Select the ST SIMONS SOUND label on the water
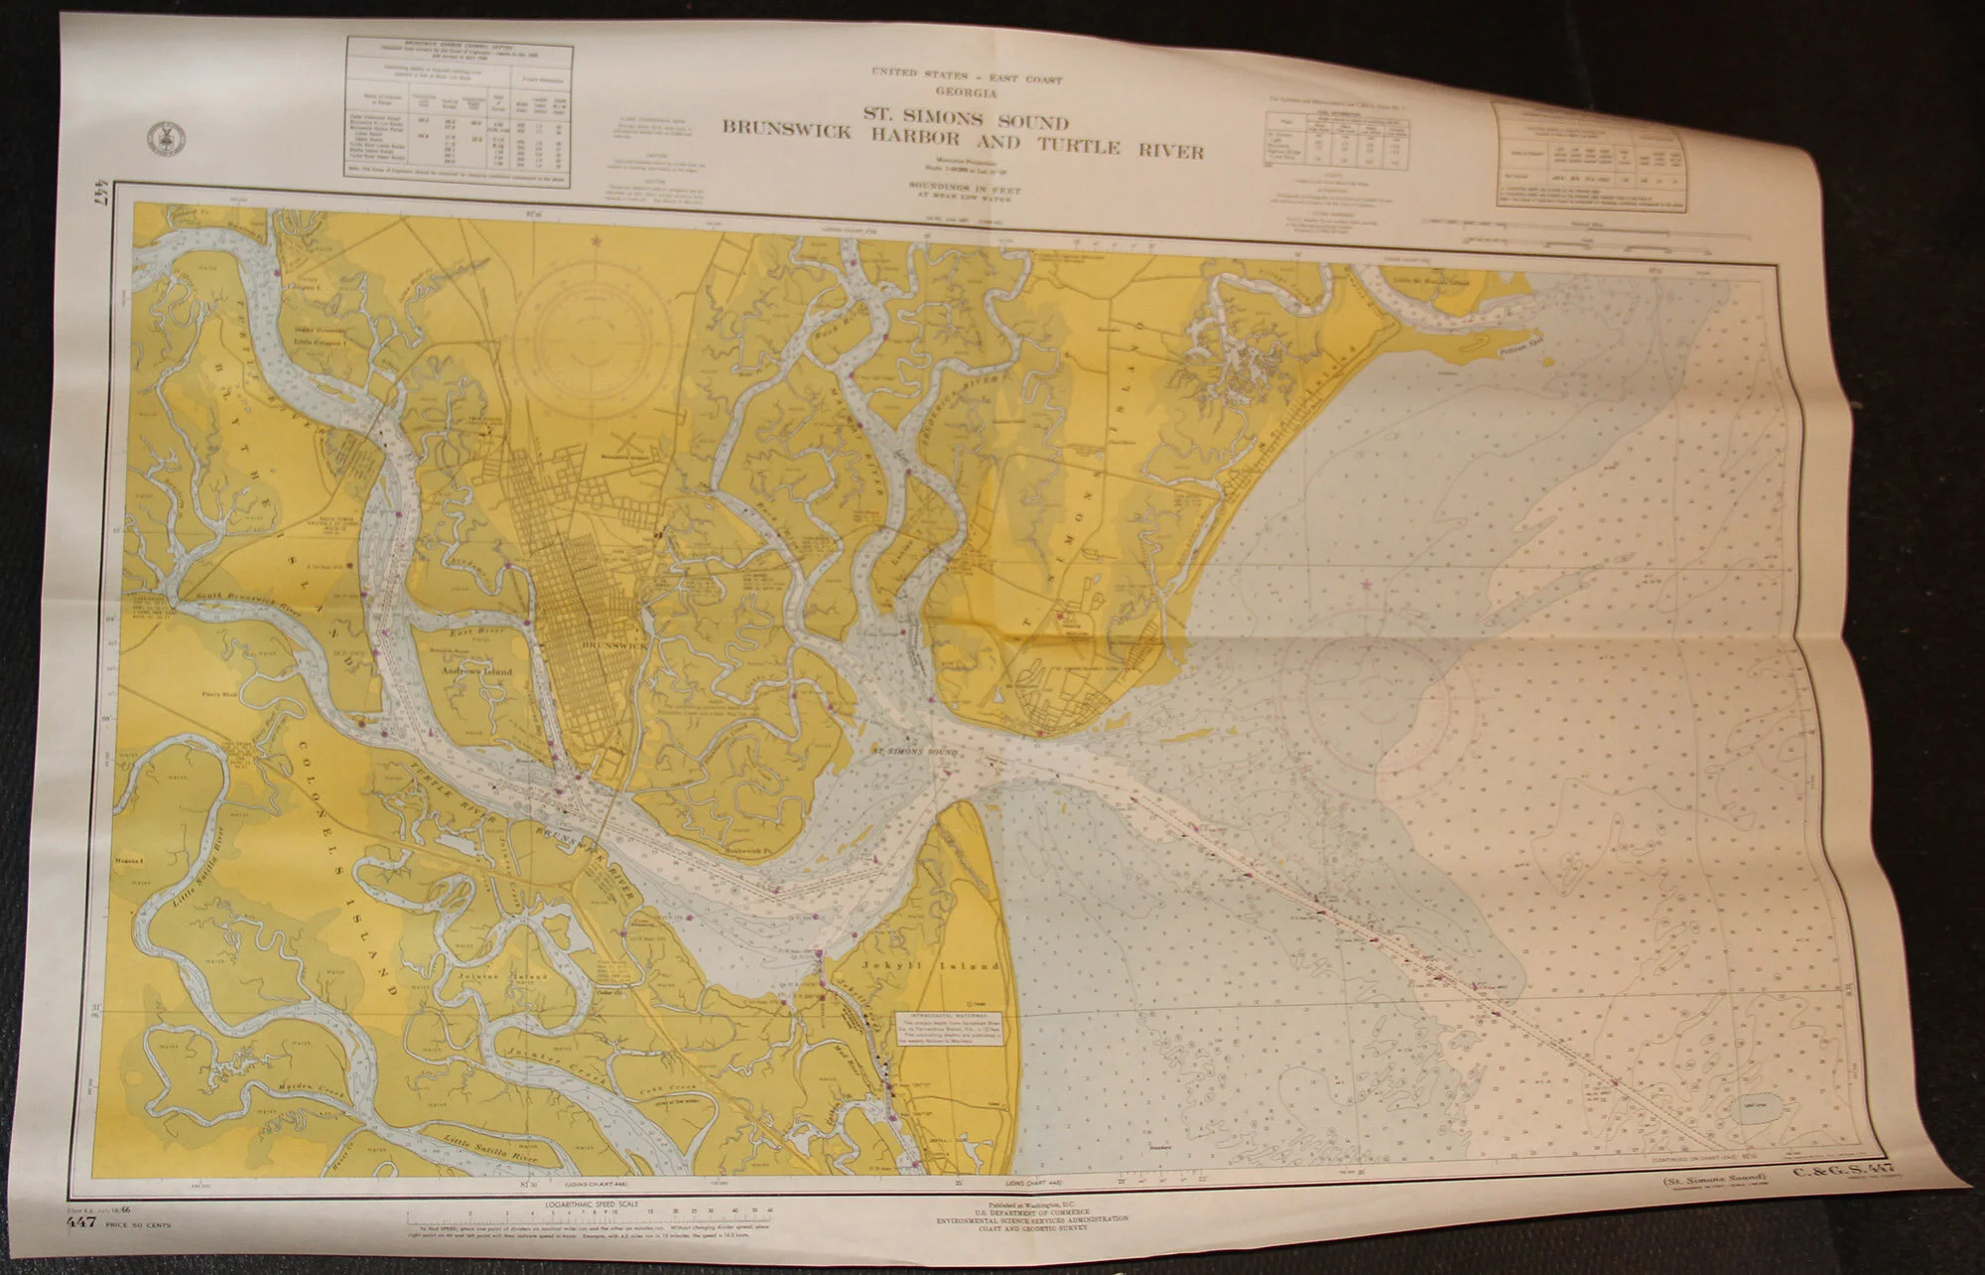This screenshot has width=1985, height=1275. tap(915, 752)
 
